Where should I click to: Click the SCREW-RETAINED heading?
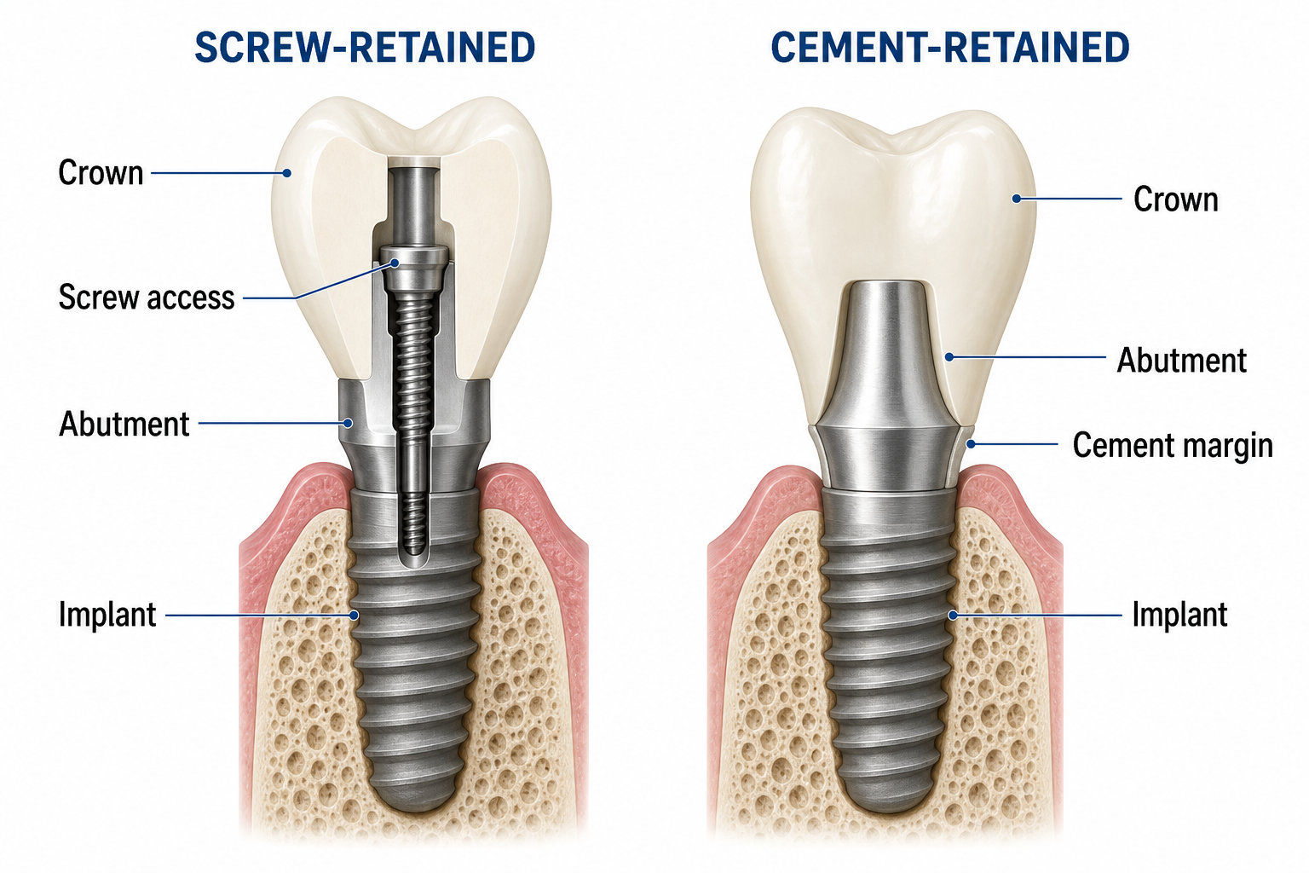365,48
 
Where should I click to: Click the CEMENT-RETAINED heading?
949,48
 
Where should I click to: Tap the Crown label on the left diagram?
101,173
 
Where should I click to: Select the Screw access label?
147,297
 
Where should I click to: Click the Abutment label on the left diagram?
124,424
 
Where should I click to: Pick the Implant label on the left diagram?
107,615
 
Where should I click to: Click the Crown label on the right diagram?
1176,199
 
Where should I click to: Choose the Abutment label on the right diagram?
1182,360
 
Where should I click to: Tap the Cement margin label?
1173,446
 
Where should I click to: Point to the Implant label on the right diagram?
1179,615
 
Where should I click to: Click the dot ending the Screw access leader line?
395,263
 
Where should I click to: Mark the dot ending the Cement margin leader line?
971,444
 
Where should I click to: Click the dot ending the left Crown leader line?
286,173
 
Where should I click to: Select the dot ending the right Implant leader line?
953,616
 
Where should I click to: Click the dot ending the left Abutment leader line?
349,423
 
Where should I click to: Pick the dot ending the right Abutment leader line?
949,356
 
